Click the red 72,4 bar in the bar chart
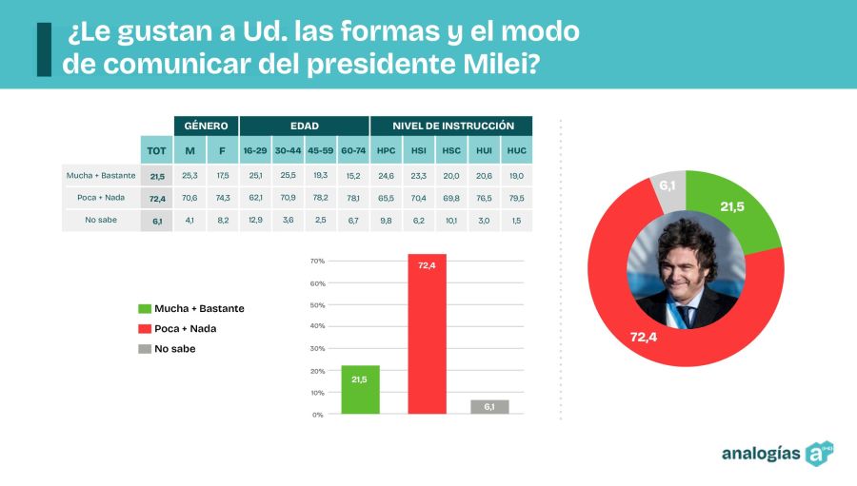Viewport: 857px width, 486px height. click(x=427, y=333)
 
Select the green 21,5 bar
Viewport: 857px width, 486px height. click(x=360, y=389)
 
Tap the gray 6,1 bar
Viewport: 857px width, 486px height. click(x=489, y=406)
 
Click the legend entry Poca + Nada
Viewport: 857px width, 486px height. click(x=185, y=328)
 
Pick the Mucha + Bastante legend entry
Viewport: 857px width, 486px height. click(x=198, y=308)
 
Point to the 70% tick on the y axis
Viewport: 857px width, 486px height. click(x=318, y=261)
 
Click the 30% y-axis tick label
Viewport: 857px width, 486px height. click(x=318, y=349)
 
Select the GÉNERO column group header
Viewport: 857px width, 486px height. click(x=206, y=126)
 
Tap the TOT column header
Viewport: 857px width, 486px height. click(x=156, y=150)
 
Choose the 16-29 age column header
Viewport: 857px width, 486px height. click(x=254, y=150)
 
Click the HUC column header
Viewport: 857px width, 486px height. click(x=516, y=150)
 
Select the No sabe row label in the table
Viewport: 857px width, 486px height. click(x=100, y=221)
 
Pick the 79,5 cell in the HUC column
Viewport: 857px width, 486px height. click(x=516, y=198)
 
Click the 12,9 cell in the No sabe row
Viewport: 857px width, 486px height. click(x=254, y=221)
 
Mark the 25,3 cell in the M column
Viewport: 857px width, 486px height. click(x=189, y=176)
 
